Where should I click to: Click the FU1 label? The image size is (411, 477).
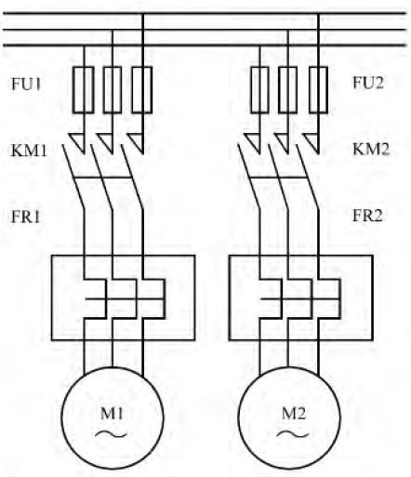click(26, 84)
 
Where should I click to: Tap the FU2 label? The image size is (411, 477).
click(368, 83)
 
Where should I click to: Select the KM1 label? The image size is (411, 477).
click(29, 151)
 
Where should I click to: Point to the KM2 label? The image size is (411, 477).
click(371, 149)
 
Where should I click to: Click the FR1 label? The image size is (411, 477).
click(26, 217)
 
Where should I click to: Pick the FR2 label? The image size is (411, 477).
click(367, 216)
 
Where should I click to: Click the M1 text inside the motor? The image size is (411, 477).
click(112, 413)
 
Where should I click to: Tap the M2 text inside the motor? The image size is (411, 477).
click(294, 413)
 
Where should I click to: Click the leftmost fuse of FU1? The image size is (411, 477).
click(84, 89)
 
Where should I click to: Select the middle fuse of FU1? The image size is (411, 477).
click(113, 89)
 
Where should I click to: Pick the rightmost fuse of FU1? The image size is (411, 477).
click(142, 89)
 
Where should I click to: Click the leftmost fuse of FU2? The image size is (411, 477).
click(259, 89)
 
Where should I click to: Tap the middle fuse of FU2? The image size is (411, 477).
click(288, 89)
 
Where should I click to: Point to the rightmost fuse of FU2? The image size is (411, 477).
click(318, 89)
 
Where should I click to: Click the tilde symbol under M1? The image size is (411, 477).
click(111, 434)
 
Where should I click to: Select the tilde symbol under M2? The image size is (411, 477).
click(293, 434)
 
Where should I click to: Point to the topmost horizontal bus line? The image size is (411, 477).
click(205, 13)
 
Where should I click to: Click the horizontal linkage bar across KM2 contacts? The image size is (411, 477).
click(278, 178)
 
